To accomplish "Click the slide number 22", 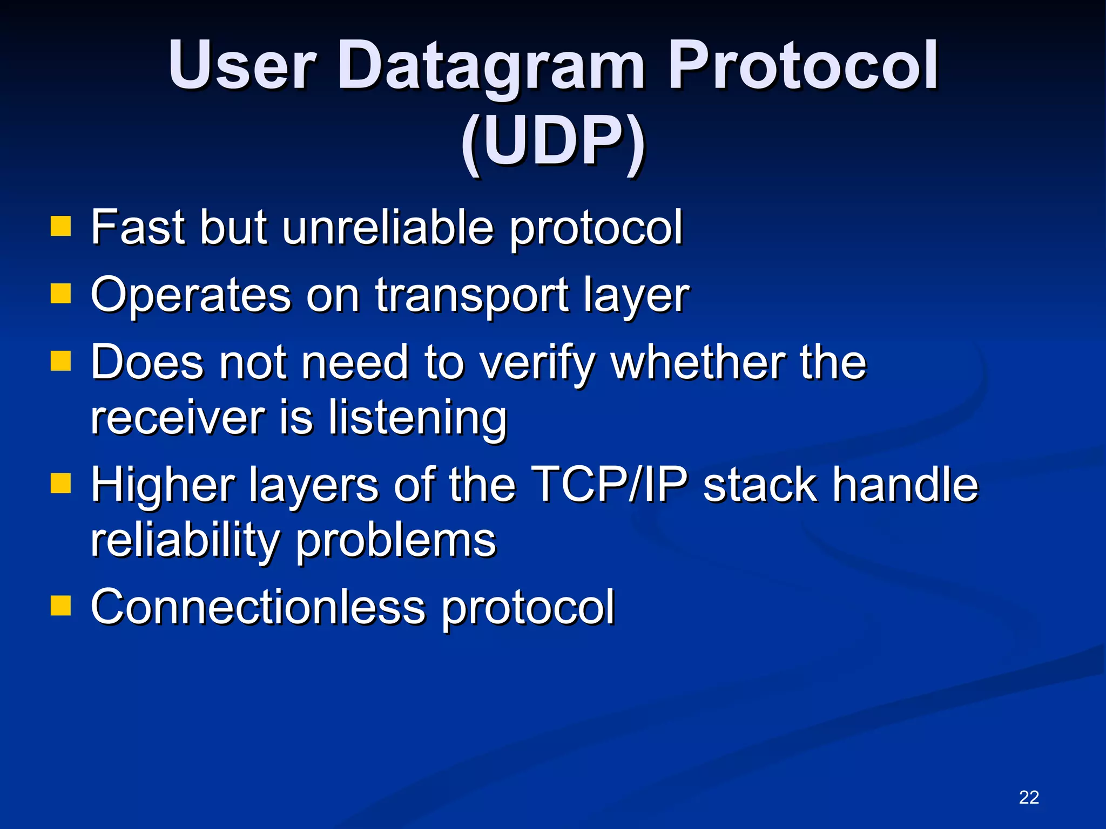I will [1029, 797].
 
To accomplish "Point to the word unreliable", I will [388, 227].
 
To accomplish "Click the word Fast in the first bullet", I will [137, 227].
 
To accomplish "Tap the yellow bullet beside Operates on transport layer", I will [60, 294].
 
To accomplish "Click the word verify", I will [537, 363].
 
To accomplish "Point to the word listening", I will [418, 418].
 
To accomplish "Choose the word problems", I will [395, 541].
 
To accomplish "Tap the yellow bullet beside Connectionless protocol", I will [60, 605].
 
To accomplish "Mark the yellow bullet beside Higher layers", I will [60, 483].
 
